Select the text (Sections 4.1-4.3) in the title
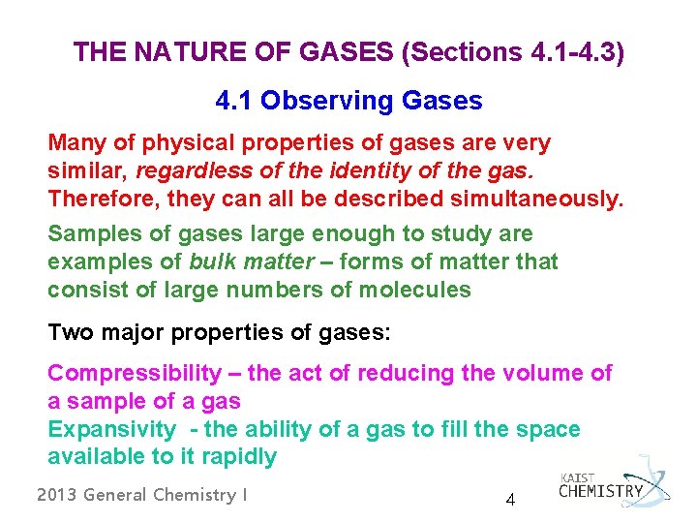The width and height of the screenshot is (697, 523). tap(512, 52)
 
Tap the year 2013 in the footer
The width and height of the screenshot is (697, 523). tap(56, 495)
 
